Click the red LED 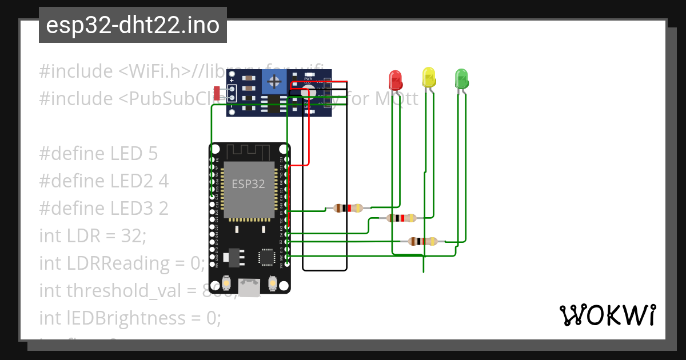(395, 79)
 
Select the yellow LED (429, 77)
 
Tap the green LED (461, 78)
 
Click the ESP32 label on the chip (248, 184)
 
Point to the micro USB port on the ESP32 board (248, 287)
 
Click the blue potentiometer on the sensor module (274, 82)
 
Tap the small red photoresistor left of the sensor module (217, 93)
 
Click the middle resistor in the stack (402, 218)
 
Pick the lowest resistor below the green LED (423, 241)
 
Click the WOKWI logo (607, 315)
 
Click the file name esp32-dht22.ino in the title (133, 26)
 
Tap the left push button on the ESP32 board (227, 283)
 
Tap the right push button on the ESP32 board (272, 283)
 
